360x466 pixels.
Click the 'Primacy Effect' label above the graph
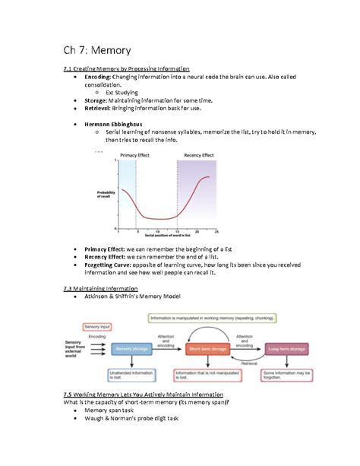coord(137,155)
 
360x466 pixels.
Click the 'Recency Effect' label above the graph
coord(196,155)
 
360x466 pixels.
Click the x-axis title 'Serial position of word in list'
coord(166,236)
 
